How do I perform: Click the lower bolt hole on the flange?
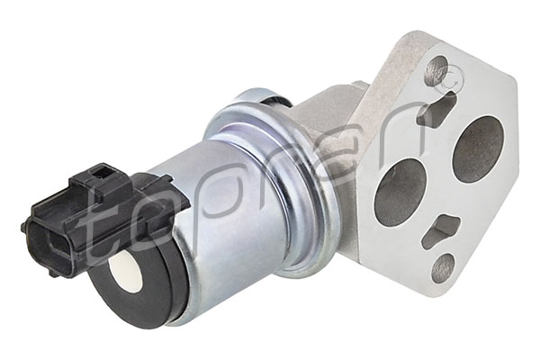pyautogui.click(x=445, y=266)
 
